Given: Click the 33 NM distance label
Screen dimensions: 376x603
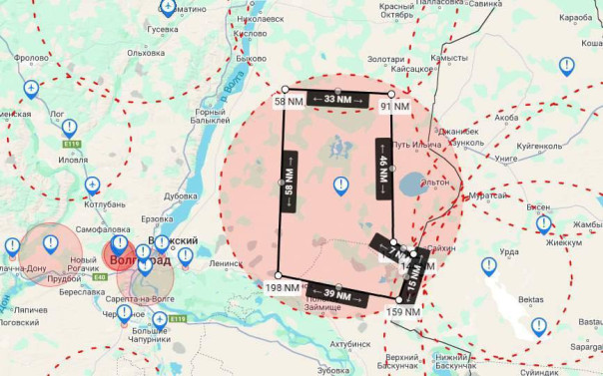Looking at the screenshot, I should click(x=337, y=100).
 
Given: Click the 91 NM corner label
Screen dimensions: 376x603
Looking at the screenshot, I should click(x=394, y=107).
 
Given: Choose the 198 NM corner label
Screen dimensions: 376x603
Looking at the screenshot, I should click(x=284, y=287).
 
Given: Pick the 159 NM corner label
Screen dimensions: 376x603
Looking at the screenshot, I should click(x=401, y=311).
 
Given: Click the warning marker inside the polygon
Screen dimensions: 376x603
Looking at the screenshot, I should click(x=341, y=185).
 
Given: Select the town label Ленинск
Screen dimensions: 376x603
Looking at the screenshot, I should click(x=226, y=263).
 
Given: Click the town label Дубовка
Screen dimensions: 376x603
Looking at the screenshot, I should click(x=181, y=196).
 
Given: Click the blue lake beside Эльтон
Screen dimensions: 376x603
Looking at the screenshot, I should click(x=411, y=185).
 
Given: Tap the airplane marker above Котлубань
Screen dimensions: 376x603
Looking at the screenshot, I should click(x=93, y=185).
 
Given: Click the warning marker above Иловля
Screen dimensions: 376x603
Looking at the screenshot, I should click(x=69, y=128).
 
